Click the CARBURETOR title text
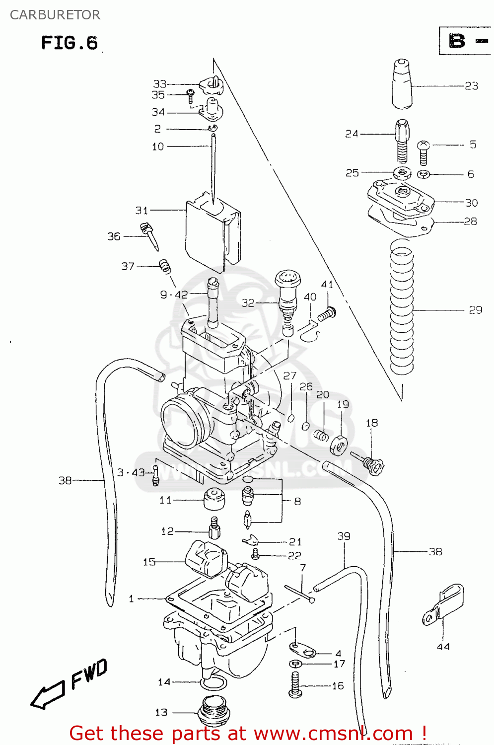point(55,15)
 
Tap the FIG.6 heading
point(70,43)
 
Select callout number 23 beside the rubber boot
point(471,86)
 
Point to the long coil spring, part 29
point(402,308)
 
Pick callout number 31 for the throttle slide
point(142,210)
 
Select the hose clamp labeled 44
point(443,604)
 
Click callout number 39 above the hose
point(344,536)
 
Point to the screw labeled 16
point(295,685)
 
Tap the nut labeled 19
point(338,444)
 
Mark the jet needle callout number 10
point(158,147)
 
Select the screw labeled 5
point(423,151)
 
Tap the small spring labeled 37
point(165,266)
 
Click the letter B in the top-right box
point(457,41)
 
